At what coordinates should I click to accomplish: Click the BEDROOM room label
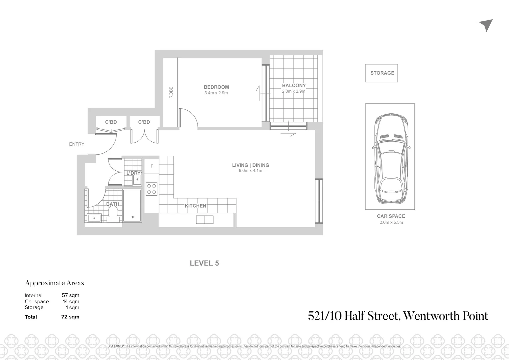click(x=216, y=87)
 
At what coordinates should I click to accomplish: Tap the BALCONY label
click(x=294, y=85)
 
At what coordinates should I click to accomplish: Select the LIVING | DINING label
click(x=251, y=165)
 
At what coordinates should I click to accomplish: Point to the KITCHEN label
click(x=196, y=206)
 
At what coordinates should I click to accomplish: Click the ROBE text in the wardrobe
click(x=171, y=92)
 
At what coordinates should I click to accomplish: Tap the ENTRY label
click(x=77, y=144)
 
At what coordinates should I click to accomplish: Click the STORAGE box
click(x=382, y=73)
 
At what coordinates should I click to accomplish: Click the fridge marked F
click(x=152, y=166)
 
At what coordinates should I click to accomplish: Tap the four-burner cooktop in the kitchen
click(x=152, y=189)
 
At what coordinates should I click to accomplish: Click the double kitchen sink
click(x=205, y=220)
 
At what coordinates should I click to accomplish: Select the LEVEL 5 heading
click(x=204, y=263)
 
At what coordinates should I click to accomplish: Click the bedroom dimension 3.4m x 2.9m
click(x=216, y=93)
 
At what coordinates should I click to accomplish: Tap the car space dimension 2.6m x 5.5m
click(x=391, y=222)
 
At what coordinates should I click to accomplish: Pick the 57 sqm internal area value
click(x=70, y=295)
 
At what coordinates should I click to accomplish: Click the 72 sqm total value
click(x=70, y=317)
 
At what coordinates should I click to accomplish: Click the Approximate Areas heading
click(x=55, y=283)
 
